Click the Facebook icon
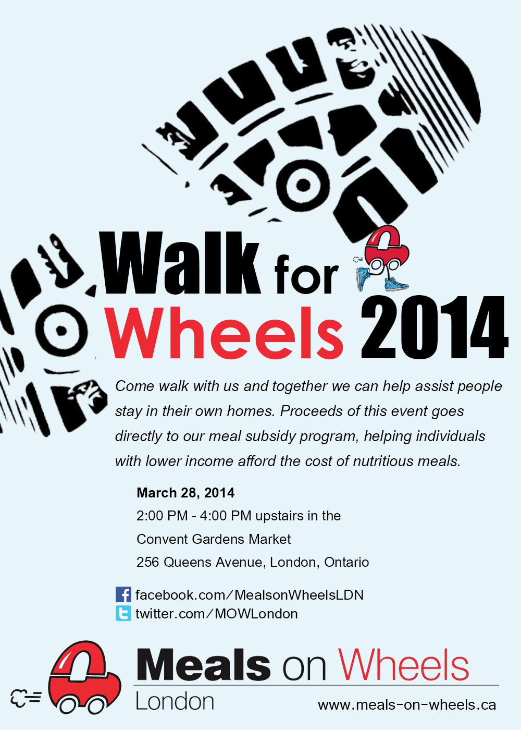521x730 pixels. point(123,594)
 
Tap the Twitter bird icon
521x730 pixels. point(123,613)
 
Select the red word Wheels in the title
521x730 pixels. point(225,333)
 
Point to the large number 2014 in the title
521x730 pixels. point(435,327)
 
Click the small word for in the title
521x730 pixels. point(306,274)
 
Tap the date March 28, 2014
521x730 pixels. point(185,492)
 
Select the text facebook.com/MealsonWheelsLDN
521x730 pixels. point(250,595)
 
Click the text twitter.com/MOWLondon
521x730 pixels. point(217,614)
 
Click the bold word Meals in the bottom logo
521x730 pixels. point(204,664)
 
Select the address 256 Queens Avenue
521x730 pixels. point(199,562)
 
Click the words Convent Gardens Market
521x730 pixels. point(214,539)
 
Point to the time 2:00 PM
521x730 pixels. point(162,516)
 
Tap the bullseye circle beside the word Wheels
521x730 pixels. point(61,331)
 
